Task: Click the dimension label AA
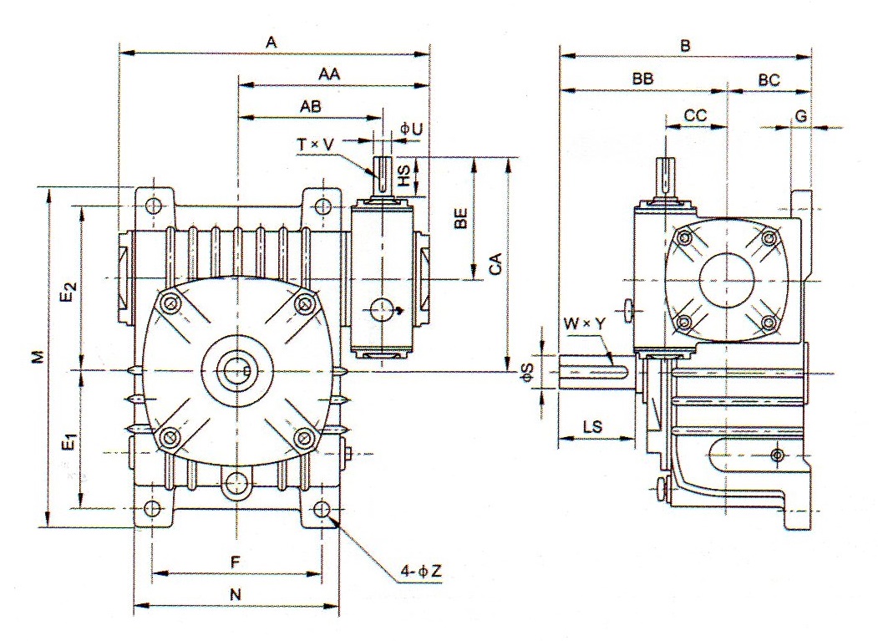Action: [327, 74]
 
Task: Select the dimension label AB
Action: [311, 107]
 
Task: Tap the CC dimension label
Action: [696, 116]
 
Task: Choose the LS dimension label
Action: [594, 426]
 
